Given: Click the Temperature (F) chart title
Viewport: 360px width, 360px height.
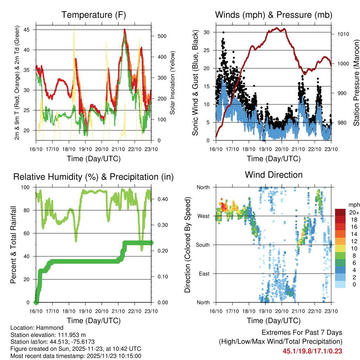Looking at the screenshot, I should (94, 15).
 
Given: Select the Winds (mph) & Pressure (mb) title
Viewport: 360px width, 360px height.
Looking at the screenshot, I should (274, 15).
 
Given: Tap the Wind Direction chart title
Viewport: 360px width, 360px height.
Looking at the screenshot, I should (274, 175).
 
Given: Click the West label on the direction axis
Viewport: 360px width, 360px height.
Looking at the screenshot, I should (203, 216).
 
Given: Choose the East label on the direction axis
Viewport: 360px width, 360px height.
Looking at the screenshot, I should (204, 274).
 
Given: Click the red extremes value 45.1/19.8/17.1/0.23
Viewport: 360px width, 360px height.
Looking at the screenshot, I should (312, 351).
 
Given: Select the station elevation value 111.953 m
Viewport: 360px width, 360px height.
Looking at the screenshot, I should (72, 335).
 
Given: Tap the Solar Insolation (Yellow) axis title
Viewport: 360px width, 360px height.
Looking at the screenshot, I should (173, 83).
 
